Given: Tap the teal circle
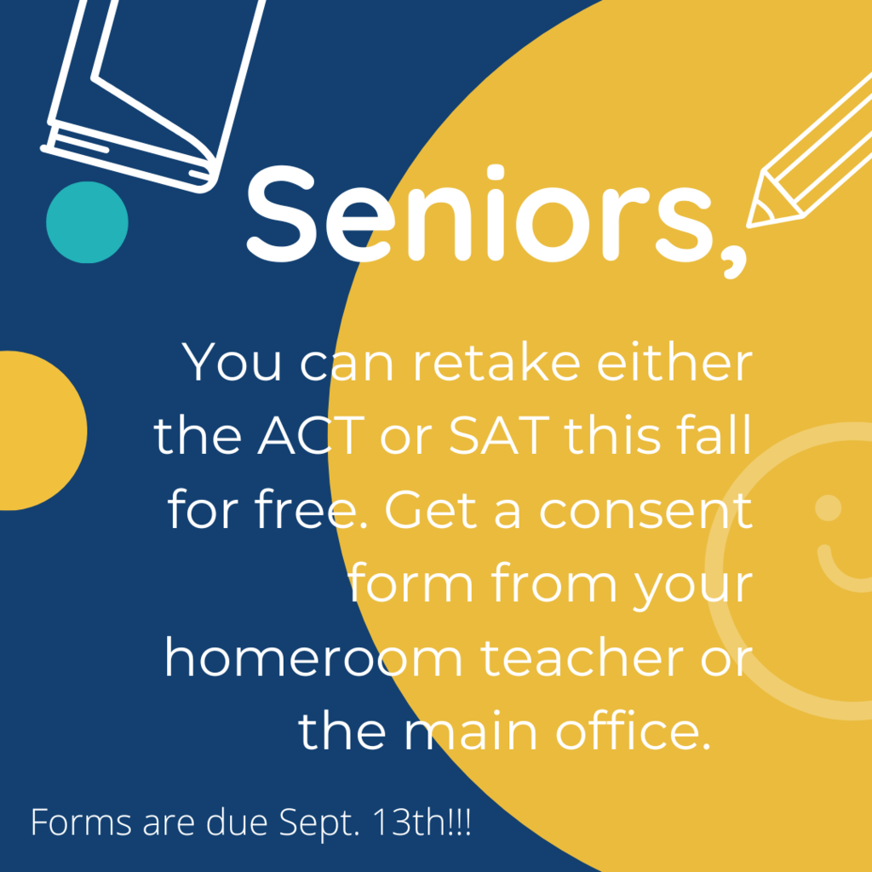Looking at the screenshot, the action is pyautogui.click(x=88, y=222).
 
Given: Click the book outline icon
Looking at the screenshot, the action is pyautogui.click(x=153, y=95).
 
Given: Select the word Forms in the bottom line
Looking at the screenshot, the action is pyautogui.click(x=81, y=822).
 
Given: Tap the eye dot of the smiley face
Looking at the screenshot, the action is pyautogui.click(x=828, y=508).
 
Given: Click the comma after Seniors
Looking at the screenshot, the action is pyautogui.click(x=735, y=261).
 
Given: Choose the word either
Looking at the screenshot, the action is pyautogui.click(x=674, y=362).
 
